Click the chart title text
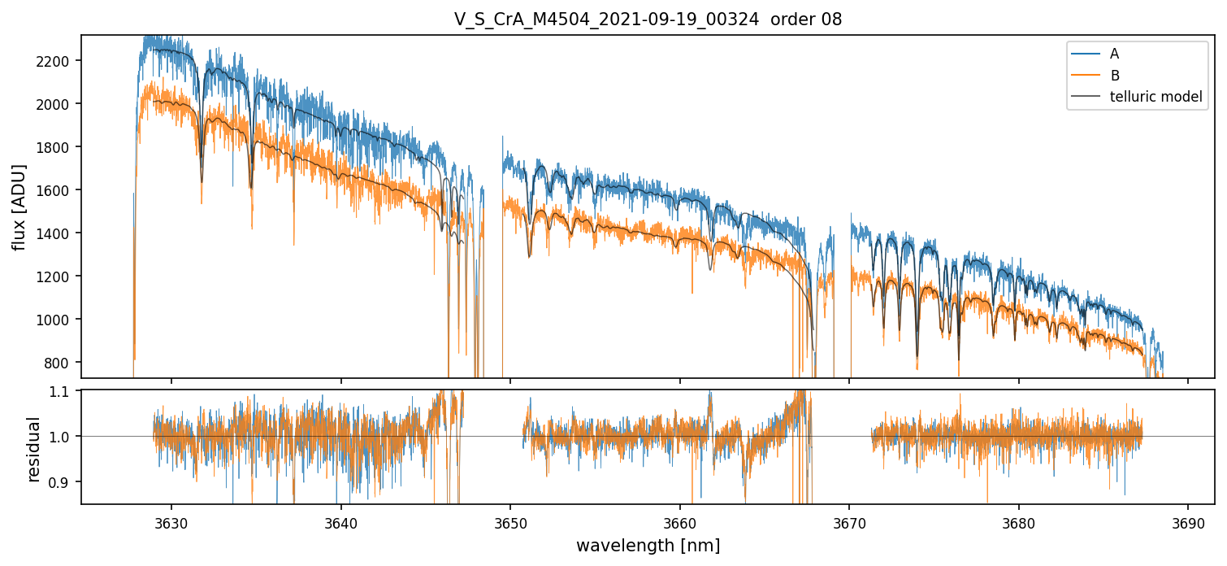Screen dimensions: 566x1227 [648, 20]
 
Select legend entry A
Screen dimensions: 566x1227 [1114, 54]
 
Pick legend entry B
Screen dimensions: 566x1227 [1114, 76]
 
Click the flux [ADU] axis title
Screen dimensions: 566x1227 [19, 207]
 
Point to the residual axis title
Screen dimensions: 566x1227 [34, 448]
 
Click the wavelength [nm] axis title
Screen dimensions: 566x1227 [648, 546]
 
